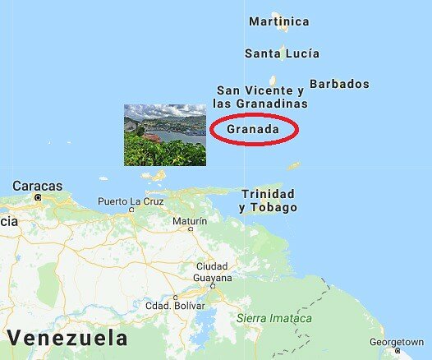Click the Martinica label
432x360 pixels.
click(278, 21)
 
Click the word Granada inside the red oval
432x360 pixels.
click(253, 130)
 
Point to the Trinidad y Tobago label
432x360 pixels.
click(268, 201)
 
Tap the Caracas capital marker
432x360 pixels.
click(38, 197)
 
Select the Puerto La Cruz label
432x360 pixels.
click(131, 201)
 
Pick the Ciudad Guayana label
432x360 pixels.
click(212, 272)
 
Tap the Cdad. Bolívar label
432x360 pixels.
click(174, 306)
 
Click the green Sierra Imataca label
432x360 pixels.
click(273, 318)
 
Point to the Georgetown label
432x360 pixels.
click(397, 341)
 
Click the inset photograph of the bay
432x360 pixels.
click(164, 134)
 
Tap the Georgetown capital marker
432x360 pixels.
click(398, 353)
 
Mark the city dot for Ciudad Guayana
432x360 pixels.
click(213, 286)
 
